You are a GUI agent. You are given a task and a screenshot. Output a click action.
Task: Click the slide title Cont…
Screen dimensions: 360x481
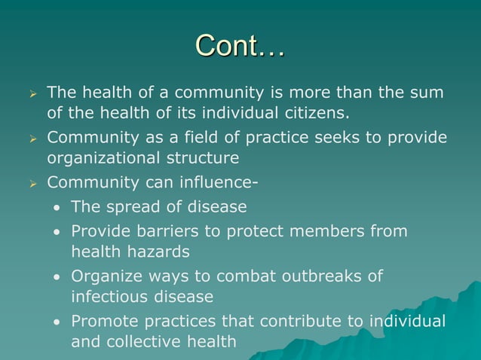click(240, 46)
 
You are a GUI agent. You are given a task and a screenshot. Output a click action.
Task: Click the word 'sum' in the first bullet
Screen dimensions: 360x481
click(428, 93)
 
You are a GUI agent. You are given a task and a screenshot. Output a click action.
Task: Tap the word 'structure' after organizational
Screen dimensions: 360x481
click(204, 159)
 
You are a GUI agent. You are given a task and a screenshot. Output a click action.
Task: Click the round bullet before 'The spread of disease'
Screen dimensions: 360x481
click(57, 207)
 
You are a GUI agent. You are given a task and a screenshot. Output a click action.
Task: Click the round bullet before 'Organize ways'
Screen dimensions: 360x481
click(57, 276)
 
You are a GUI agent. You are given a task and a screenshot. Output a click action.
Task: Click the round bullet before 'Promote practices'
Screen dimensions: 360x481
click(57, 322)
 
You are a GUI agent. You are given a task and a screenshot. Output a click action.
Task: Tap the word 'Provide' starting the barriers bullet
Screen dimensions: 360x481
click(99, 231)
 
